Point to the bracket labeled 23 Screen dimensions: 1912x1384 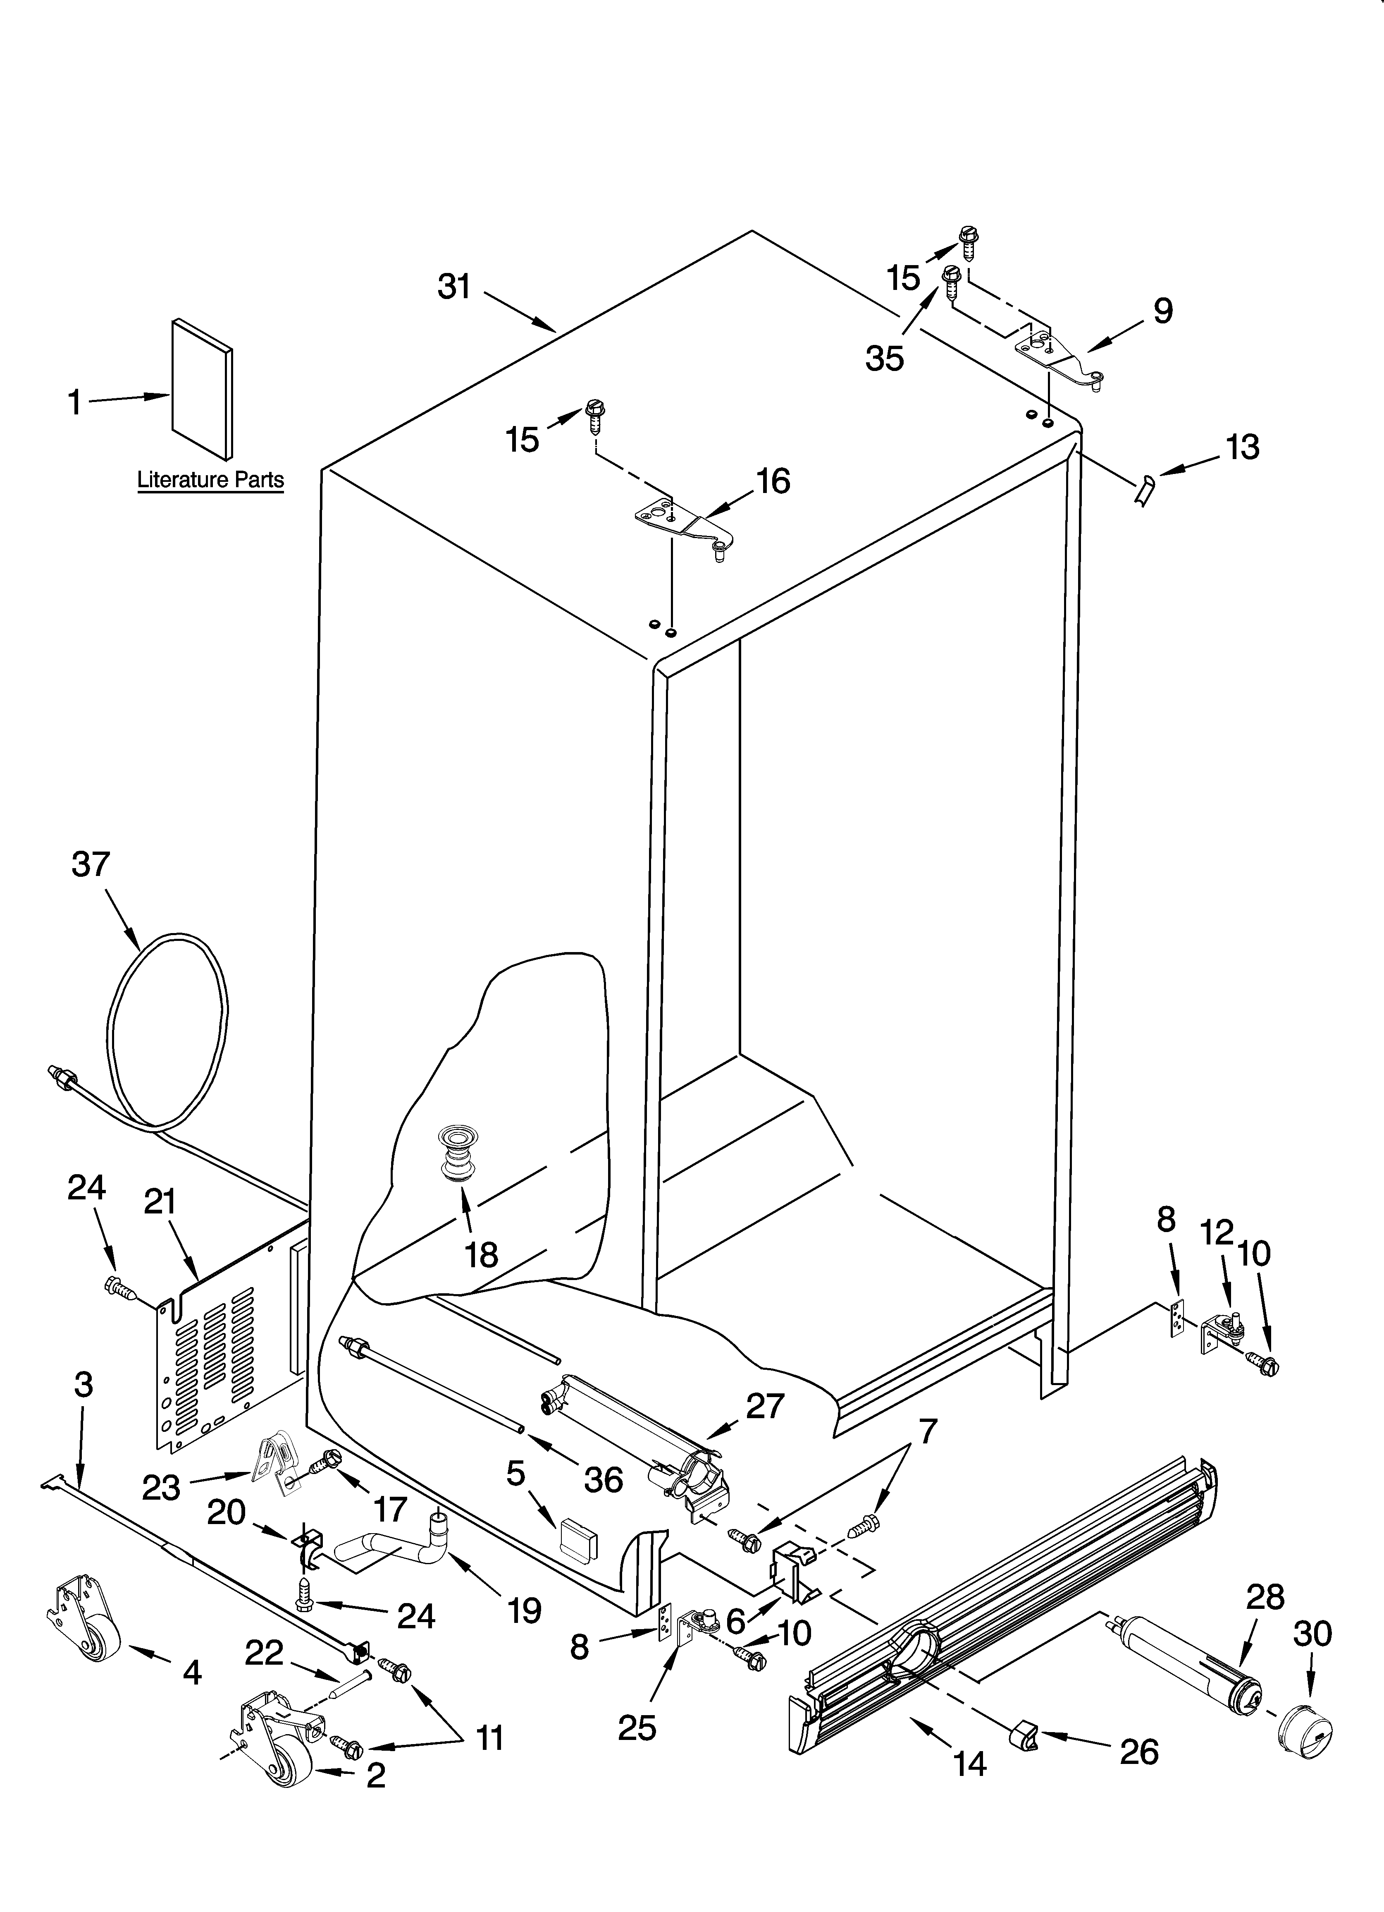(x=278, y=1465)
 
